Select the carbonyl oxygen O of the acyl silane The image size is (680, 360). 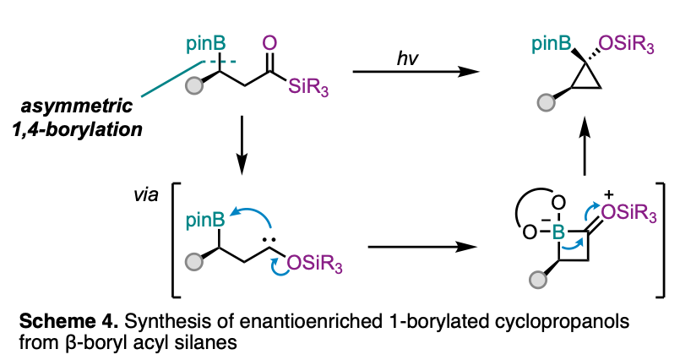tap(269, 41)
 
